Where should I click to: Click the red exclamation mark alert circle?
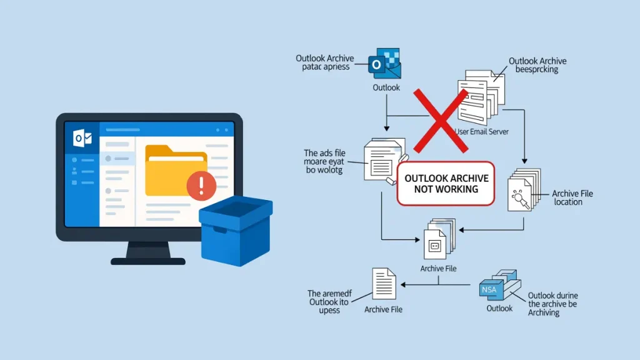click(x=201, y=186)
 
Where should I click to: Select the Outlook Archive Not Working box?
click(x=446, y=184)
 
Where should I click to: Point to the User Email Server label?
click(x=482, y=132)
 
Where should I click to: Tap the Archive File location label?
click(x=572, y=198)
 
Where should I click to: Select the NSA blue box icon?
click(x=499, y=287)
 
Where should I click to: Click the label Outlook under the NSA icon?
click(x=499, y=308)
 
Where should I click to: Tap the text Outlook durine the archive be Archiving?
click(x=552, y=304)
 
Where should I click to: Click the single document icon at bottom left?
click(x=384, y=284)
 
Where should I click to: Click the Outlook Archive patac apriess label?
click(x=324, y=62)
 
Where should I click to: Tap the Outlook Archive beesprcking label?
click(x=537, y=65)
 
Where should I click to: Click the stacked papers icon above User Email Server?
click(x=479, y=99)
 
